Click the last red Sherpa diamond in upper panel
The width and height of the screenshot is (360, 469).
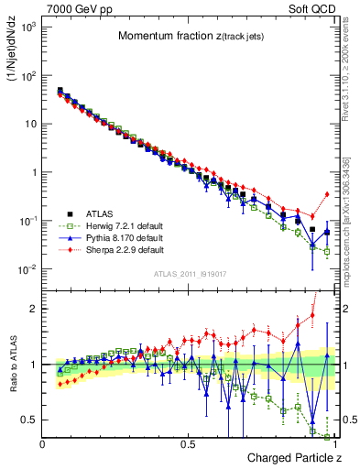[327, 194]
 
